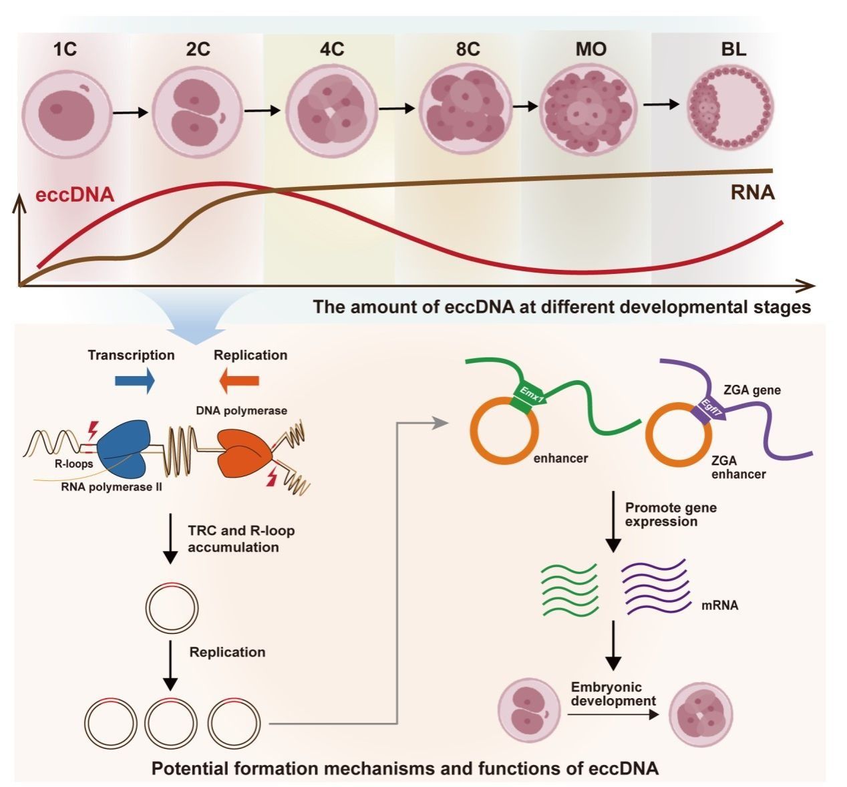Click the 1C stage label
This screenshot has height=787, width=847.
pos(65,49)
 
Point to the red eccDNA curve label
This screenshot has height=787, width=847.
pos(73,196)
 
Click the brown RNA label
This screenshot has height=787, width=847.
pos(751,193)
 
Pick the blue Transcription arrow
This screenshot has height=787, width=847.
pos(135,381)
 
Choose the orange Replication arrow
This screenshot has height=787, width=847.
pos(239,381)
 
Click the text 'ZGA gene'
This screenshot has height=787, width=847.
pos(752,390)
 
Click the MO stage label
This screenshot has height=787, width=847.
pos(590,49)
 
